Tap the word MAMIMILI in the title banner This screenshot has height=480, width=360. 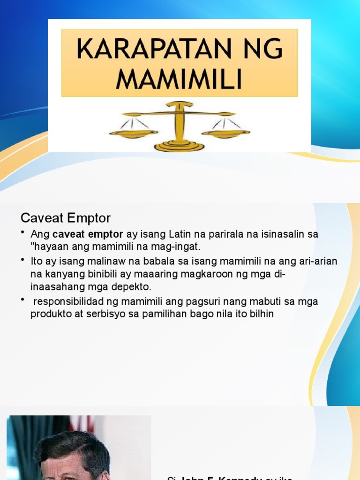point(180,79)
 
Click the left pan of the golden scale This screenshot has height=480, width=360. point(134,134)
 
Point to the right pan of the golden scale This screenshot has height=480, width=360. point(225,134)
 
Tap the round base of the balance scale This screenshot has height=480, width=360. point(179,146)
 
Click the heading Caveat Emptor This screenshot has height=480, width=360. point(66,218)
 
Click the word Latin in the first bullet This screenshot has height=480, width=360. point(180,234)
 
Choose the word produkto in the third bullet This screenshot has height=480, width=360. point(49,314)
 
